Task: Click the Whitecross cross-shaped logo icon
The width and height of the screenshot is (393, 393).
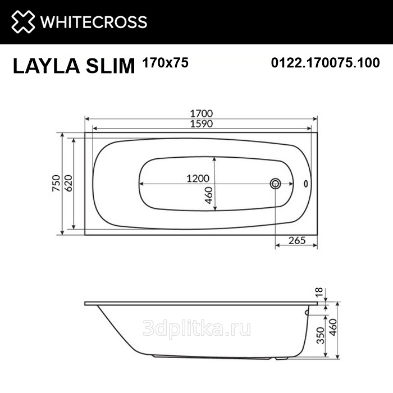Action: (x=23, y=21)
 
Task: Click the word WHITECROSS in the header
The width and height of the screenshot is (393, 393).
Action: (x=94, y=22)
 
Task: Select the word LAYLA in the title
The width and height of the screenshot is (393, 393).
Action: (x=47, y=66)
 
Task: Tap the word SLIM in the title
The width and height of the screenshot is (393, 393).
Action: (x=110, y=66)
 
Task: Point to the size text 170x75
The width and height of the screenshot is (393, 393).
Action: (x=165, y=62)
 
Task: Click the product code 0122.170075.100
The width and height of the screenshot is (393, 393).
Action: (x=325, y=62)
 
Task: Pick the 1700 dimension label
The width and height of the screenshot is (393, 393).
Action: (x=201, y=113)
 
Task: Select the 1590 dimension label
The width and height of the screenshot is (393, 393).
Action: (x=201, y=124)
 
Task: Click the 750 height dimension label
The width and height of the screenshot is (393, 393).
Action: (x=56, y=183)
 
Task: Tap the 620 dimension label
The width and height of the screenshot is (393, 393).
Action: (x=68, y=183)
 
